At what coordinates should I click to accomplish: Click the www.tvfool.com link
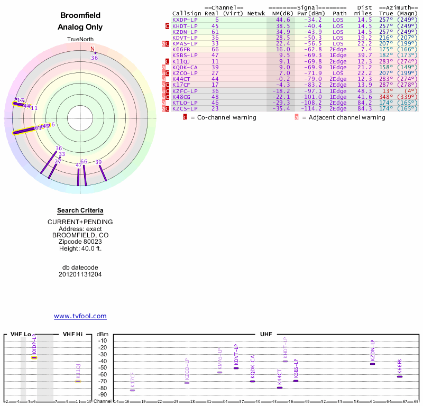[x=80, y=316]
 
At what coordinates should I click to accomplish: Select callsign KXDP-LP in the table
[x=185, y=20]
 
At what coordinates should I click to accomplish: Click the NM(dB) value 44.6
[x=283, y=20]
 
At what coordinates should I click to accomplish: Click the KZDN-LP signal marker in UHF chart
[x=372, y=364]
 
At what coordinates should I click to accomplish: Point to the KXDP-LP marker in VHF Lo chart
[x=34, y=358]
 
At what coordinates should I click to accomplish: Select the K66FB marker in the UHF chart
[x=400, y=376]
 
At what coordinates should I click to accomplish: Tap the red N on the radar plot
[x=93, y=49]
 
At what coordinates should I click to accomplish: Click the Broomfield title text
[x=80, y=15]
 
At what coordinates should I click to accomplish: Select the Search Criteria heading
[x=80, y=210]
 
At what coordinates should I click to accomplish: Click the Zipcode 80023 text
[x=80, y=241]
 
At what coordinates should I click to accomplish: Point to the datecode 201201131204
[x=80, y=274]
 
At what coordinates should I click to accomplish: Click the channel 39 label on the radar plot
[x=98, y=162]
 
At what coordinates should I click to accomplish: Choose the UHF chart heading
[x=266, y=335]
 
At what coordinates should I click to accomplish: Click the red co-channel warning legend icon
[x=185, y=117]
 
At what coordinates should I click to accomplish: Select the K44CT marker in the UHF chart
[x=280, y=387]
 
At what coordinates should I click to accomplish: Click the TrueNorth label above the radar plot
[x=80, y=39]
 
